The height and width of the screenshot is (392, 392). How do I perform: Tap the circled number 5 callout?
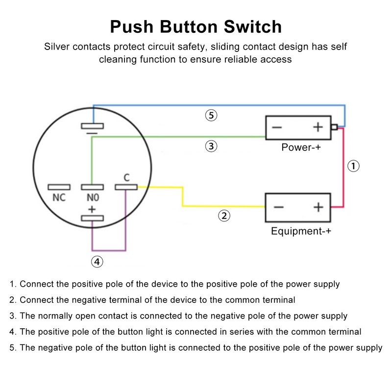[x=211, y=116]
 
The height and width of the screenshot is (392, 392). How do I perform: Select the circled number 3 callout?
[x=211, y=146]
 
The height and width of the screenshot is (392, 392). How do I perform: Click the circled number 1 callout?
[x=353, y=166]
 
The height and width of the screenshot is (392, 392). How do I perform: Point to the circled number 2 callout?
[x=223, y=215]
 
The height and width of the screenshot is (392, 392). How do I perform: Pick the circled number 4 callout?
[x=98, y=262]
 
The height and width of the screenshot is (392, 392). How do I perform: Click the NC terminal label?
[x=59, y=198]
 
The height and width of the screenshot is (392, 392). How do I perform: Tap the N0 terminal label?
[x=92, y=198]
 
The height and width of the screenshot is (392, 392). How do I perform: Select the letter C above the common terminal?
[x=126, y=177]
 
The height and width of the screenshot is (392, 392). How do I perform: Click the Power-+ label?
[x=301, y=147]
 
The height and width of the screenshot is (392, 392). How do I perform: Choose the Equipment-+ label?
[x=301, y=231]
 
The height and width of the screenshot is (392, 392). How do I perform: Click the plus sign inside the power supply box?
[x=318, y=127]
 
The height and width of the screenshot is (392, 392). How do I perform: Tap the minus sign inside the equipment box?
[x=278, y=207]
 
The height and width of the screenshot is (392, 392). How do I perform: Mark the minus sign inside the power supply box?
[x=277, y=127]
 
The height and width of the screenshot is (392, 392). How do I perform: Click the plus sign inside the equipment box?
[x=318, y=207]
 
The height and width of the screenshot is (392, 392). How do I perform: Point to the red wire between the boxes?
[x=344, y=167]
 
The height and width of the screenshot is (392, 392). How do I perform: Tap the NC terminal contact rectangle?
[x=59, y=187]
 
